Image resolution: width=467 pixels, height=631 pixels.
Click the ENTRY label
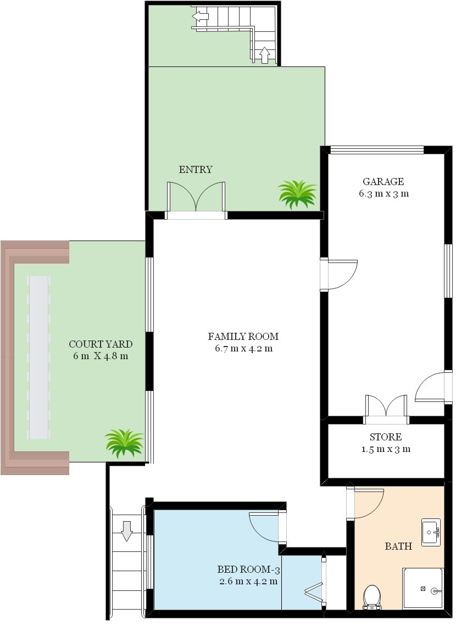[195, 170]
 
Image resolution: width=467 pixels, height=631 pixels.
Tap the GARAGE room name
[383, 181]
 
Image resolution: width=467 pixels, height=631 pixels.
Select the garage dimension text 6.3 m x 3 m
[383, 193]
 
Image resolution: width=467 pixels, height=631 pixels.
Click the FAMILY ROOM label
[243, 337]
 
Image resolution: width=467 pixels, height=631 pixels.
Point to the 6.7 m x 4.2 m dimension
[243, 349]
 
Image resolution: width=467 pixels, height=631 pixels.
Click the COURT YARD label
[101, 344]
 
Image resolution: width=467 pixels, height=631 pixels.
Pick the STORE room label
[386, 437]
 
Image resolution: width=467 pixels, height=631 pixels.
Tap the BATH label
[398, 546]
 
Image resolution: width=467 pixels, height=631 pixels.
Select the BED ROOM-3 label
[248, 569]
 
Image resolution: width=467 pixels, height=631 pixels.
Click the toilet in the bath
[371, 597]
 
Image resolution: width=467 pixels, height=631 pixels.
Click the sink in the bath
[431, 532]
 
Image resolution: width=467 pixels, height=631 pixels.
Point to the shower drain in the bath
[423, 589]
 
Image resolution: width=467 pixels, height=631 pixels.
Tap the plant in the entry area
[298, 194]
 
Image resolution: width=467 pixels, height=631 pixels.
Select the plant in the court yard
[124, 443]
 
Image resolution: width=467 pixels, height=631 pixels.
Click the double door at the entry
[196, 197]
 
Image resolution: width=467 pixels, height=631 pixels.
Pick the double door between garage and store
[386, 406]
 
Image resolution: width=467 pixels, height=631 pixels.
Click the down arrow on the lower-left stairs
[127, 531]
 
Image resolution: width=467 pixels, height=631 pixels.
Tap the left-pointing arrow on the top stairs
[201, 16]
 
